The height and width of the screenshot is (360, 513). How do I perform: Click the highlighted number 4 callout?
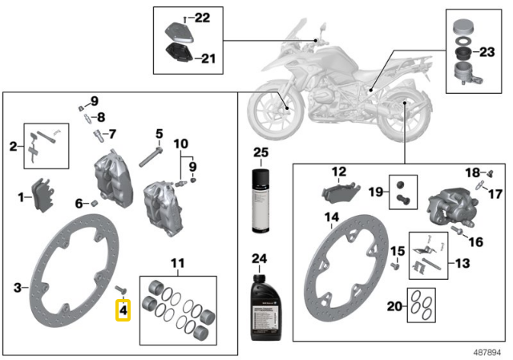[123, 310]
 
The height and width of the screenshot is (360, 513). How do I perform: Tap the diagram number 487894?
[487, 352]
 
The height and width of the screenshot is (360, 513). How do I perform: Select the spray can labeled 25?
[261, 200]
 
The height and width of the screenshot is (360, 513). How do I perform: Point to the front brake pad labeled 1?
[42, 195]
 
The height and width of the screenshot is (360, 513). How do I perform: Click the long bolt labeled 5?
[151, 157]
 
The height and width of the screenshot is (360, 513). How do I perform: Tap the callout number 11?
[178, 263]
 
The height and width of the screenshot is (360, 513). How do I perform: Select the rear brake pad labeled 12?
[341, 193]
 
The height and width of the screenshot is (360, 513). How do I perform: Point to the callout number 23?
[487, 51]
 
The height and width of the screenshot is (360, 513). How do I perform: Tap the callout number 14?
[331, 217]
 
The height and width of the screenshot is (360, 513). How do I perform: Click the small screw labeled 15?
[395, 265]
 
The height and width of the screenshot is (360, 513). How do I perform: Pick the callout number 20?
[394, 306]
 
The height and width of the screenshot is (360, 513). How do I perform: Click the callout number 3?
[18, 288]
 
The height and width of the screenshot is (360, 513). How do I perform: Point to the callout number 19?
[376, 192]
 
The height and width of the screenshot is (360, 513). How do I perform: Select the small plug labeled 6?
[94, 203]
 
